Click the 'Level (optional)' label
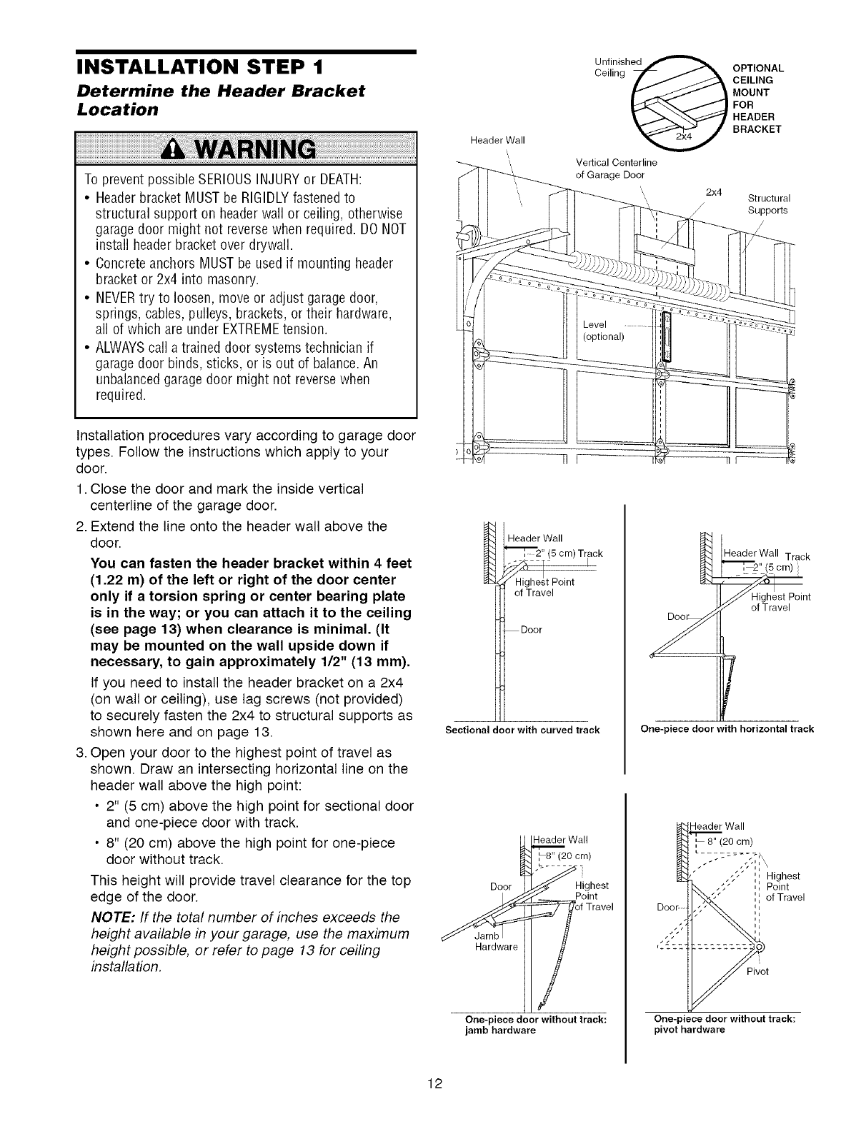(x=603, y=331)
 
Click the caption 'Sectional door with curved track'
(x=522, y=730)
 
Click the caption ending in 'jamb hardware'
(x=529, y=1025)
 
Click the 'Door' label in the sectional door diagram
(x=532, y=630)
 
